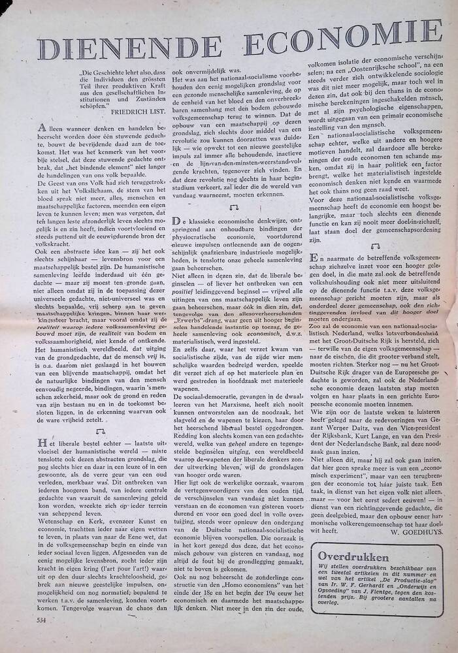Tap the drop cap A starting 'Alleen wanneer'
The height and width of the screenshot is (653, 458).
coord(44,129)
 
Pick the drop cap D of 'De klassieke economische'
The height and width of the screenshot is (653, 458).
coord(176,223)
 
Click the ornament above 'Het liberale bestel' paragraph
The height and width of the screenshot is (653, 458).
coord(100,432)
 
